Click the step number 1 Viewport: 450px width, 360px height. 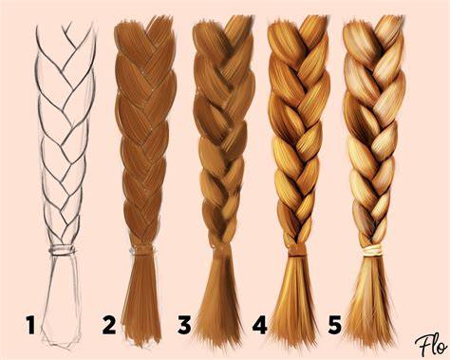coord(30,325)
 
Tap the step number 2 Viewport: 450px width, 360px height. coord(109,325)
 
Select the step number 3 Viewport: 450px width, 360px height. coord(184,325)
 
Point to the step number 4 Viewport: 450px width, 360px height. coord(259,325)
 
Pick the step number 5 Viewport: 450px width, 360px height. coord(335,325)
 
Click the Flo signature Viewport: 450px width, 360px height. coord(431,345)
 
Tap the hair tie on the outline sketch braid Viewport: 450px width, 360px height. coord(62,251)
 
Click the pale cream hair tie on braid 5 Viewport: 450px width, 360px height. coord(373,252)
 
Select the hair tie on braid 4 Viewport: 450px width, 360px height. coord(296,251)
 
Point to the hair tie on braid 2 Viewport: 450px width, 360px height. coord(143,251)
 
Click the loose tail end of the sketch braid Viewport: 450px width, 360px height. coord(61,301)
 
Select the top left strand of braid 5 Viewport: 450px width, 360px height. coord(360,40)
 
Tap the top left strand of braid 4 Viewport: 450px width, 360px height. coord(284,40)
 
